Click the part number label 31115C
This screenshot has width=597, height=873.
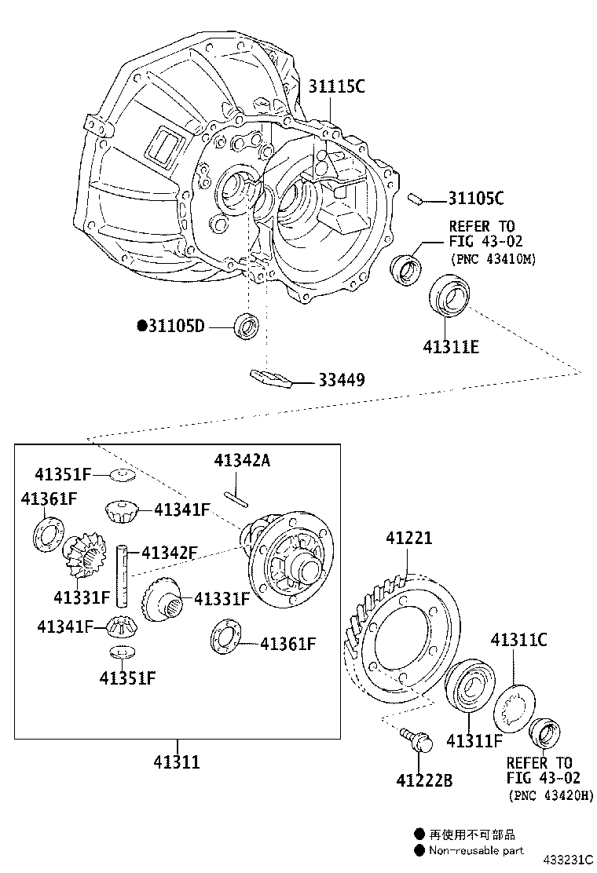click(x=336, y=87)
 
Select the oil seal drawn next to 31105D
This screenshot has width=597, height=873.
click(x=247, y=324)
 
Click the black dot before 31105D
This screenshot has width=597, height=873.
click(x=142, y=325)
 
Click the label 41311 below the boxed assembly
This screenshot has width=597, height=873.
click(x=177, y=762)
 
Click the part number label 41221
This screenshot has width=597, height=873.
click(x=408, y=539)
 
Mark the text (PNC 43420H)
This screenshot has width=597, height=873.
click(x=551, y=795)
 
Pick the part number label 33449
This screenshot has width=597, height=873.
click(x=341, y=380)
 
